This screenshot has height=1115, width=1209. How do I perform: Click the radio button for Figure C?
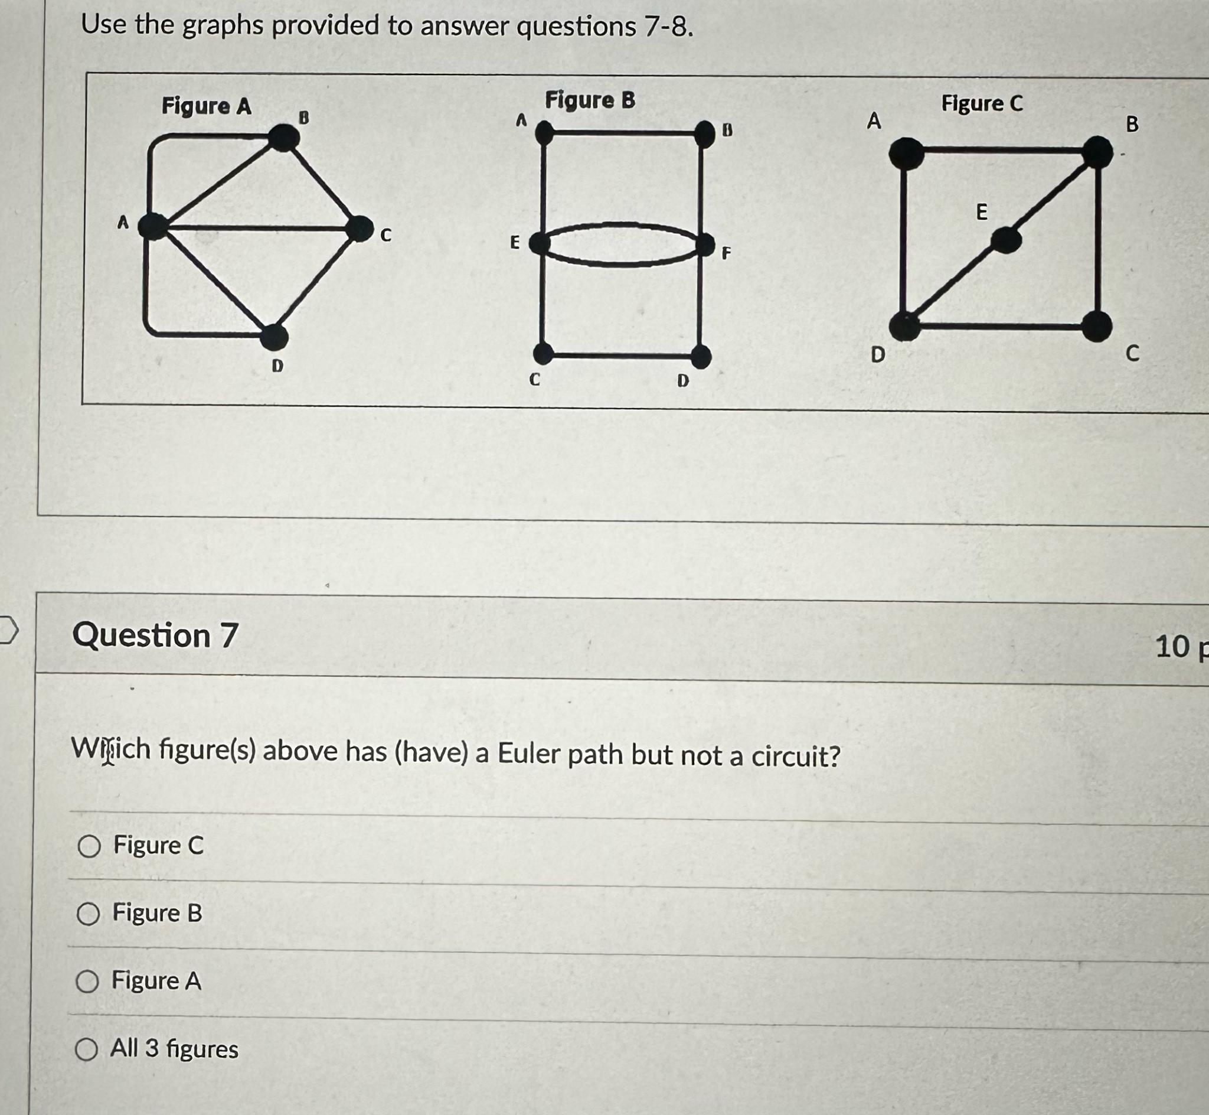[89, 846]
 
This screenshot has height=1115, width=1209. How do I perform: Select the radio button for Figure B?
[88, 915]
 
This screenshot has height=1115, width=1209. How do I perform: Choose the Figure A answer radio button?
[87, 982]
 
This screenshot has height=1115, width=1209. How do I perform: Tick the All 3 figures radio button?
[86, 1050]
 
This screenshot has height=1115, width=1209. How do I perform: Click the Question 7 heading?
[155, 635]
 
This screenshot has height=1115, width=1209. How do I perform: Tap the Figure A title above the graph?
[206, 106]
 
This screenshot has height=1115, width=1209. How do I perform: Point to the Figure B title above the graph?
[590, 100]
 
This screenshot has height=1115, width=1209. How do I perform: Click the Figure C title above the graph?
[982, 104]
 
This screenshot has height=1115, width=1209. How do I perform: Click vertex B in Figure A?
[283, 138]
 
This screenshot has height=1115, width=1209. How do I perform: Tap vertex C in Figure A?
[360, 228]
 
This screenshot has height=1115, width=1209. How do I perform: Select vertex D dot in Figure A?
[275, 336]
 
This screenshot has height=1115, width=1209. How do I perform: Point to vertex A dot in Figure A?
[152, 226]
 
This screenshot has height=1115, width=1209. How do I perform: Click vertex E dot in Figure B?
[541, 244]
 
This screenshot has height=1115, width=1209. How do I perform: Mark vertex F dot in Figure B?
[704, 245]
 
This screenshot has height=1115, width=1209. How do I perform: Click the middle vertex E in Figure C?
[1006, 241]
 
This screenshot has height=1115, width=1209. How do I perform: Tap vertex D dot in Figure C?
[904, 327]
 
